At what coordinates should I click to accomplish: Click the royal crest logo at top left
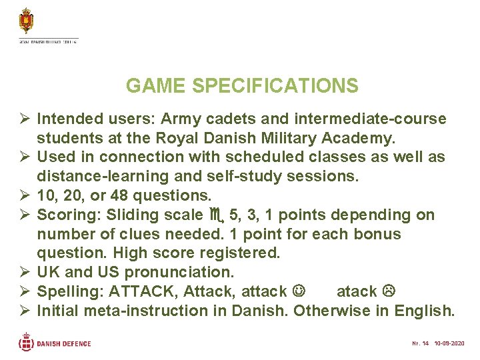27,21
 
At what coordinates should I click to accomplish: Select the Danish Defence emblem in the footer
26,343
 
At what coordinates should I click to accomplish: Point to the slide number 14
424,344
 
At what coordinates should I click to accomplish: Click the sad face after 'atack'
390,292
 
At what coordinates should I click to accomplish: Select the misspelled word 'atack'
357,291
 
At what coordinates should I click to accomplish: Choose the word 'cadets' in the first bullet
237,119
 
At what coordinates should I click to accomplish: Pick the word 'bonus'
377,235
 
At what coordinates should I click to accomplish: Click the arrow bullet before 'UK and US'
25,273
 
